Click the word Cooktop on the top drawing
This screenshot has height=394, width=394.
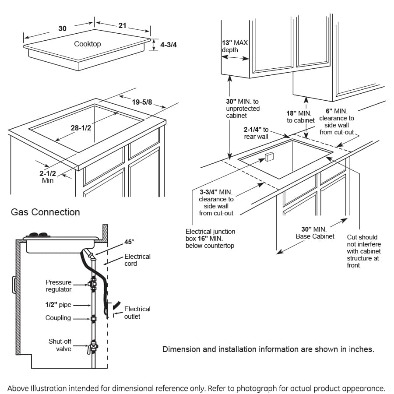87,44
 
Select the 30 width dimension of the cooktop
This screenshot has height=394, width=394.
63,28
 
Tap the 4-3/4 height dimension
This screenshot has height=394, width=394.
169,45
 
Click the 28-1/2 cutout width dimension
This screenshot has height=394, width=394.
81,128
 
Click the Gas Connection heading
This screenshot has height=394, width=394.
45,212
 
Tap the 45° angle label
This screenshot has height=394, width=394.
130,242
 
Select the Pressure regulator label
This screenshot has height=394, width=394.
58,286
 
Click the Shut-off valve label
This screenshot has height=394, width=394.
60,345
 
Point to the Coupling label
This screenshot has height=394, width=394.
58,318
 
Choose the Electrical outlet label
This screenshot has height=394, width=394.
137,313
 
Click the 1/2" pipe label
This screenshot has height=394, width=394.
58,305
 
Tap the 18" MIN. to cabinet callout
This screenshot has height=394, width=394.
300,117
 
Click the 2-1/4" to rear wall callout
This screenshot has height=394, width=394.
256,133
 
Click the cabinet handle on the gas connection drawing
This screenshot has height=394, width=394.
14,285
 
